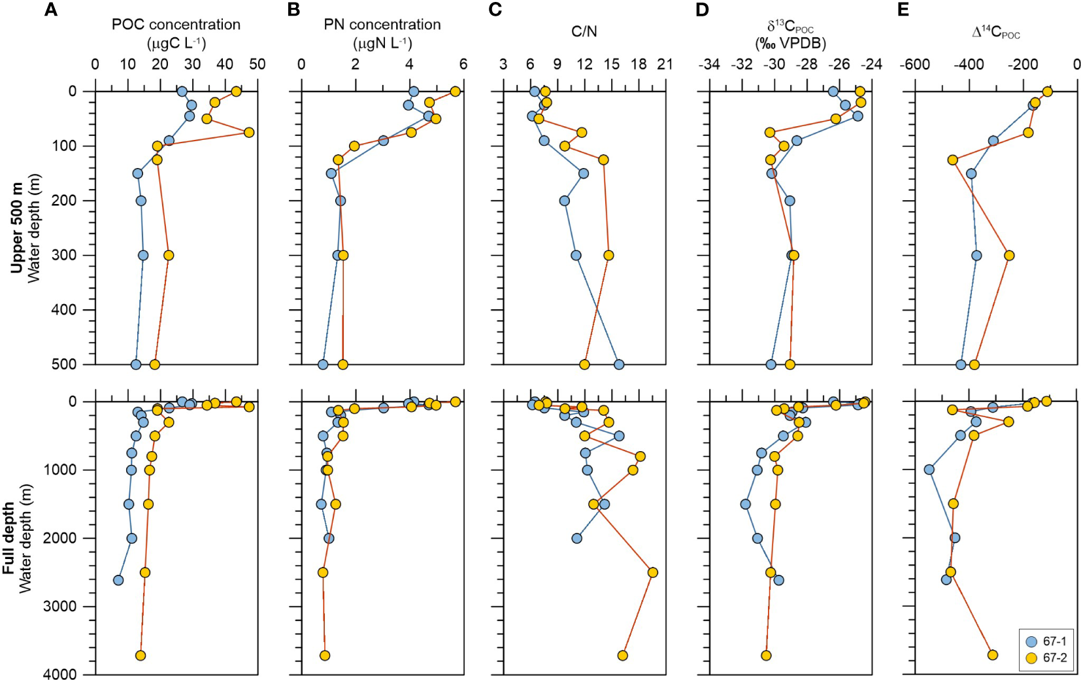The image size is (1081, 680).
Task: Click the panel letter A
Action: (50, 10)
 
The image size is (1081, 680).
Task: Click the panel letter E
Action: (903, 10)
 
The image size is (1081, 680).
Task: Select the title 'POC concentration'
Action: (176, 25)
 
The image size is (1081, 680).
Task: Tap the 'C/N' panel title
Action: (584, 31)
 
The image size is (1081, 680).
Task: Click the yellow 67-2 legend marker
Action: (1032, 658)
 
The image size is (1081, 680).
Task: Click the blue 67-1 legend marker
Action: (1032, 641)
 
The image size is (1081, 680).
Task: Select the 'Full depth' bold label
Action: (8, 538)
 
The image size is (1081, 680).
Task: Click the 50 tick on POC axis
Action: (258, 64)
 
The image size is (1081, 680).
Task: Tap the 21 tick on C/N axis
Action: (665, 64)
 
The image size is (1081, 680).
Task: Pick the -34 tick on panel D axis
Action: (709, 64)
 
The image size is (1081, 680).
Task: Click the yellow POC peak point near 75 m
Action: (248, 132)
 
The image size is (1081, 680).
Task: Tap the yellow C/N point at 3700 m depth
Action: (622, 655)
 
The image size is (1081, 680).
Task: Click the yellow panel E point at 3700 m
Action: (992, 654)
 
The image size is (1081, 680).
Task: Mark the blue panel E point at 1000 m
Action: (929, 469)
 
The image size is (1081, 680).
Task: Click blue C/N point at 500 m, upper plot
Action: (619, 364)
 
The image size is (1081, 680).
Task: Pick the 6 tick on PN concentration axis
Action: (463, 64)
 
